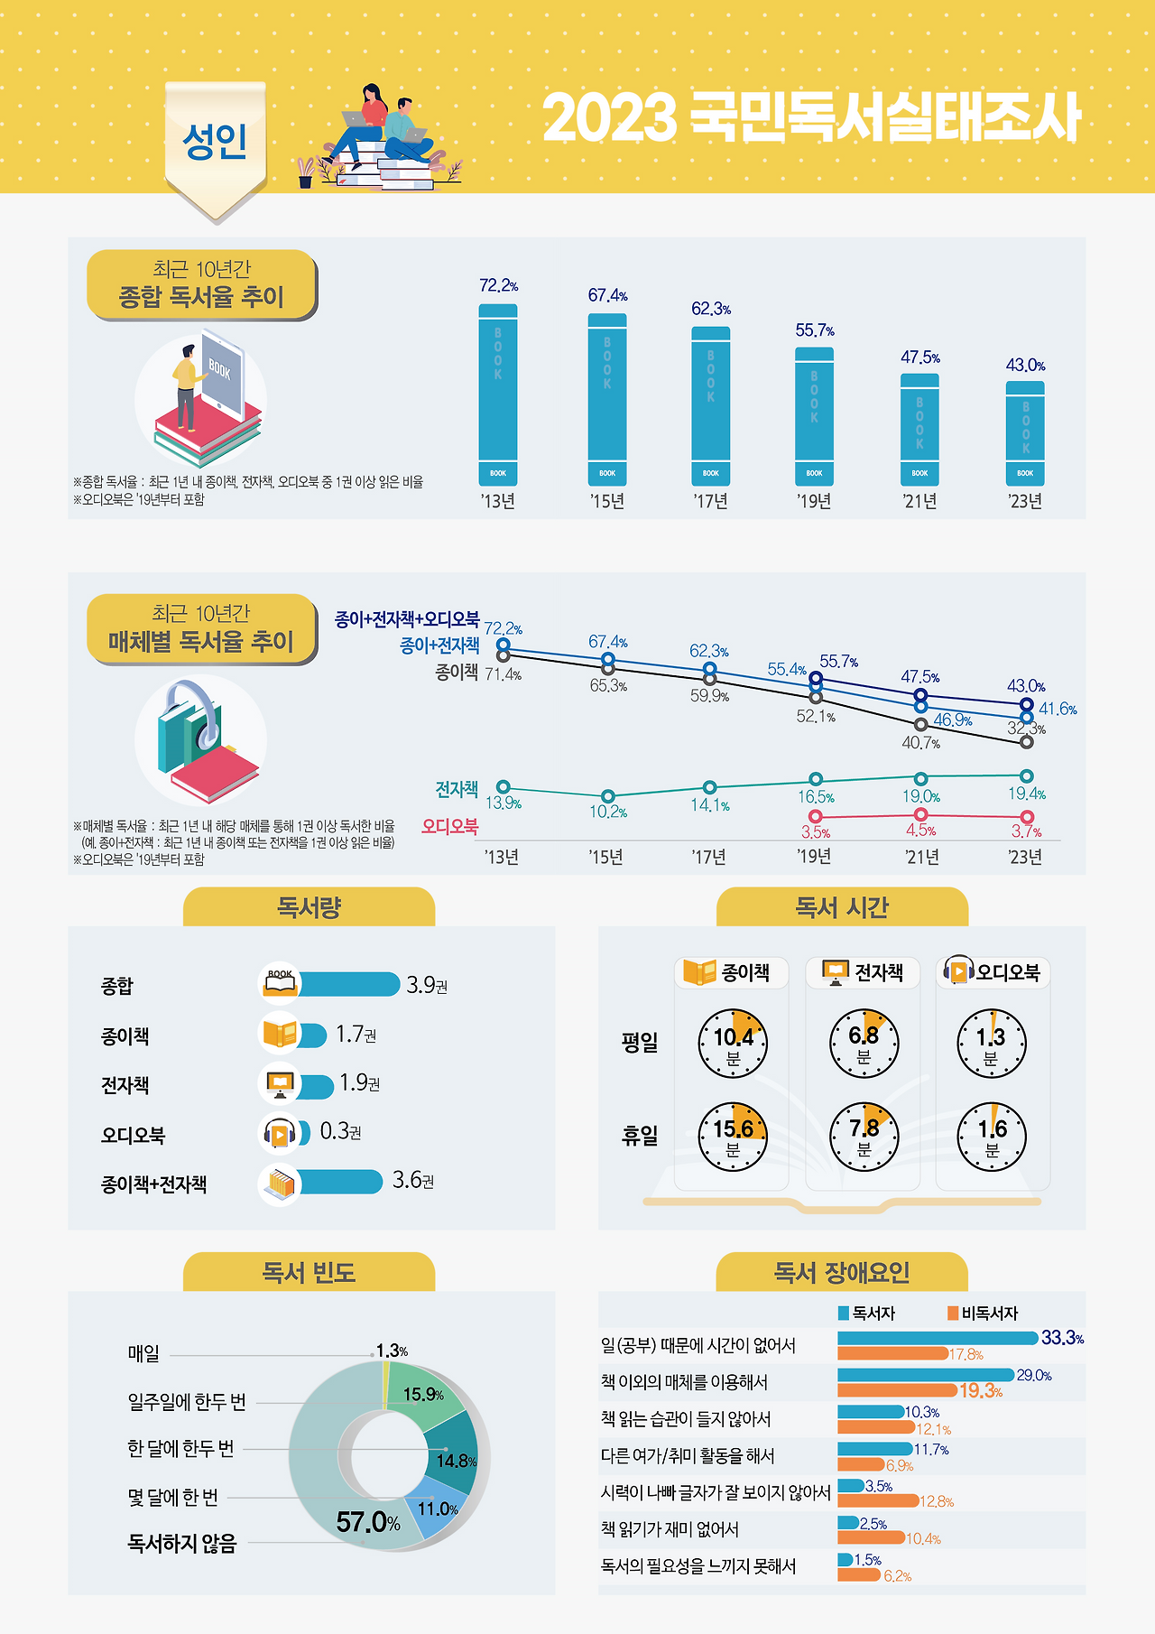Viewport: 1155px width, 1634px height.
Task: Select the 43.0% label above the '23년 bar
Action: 1025,366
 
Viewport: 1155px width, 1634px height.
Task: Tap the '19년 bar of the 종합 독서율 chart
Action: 814,416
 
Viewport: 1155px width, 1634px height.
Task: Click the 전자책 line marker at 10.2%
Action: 608,796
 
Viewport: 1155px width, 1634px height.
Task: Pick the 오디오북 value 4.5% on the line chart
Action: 920,831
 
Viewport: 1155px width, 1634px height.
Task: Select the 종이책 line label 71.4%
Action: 503,674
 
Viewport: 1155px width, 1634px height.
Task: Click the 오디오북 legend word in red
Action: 449,826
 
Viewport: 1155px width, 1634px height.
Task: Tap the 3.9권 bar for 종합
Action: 348,984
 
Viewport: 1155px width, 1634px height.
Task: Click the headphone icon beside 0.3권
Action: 280,1133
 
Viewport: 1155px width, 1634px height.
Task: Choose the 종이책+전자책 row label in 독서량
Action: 153,1184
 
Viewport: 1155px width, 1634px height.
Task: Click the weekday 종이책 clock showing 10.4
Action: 733,1044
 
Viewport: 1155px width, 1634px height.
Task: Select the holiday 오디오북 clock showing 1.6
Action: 992,1136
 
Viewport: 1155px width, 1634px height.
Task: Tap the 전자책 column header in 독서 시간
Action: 863,972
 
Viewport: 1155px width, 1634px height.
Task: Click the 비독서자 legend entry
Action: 983,1314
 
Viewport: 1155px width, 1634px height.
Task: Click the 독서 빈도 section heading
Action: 309,1273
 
